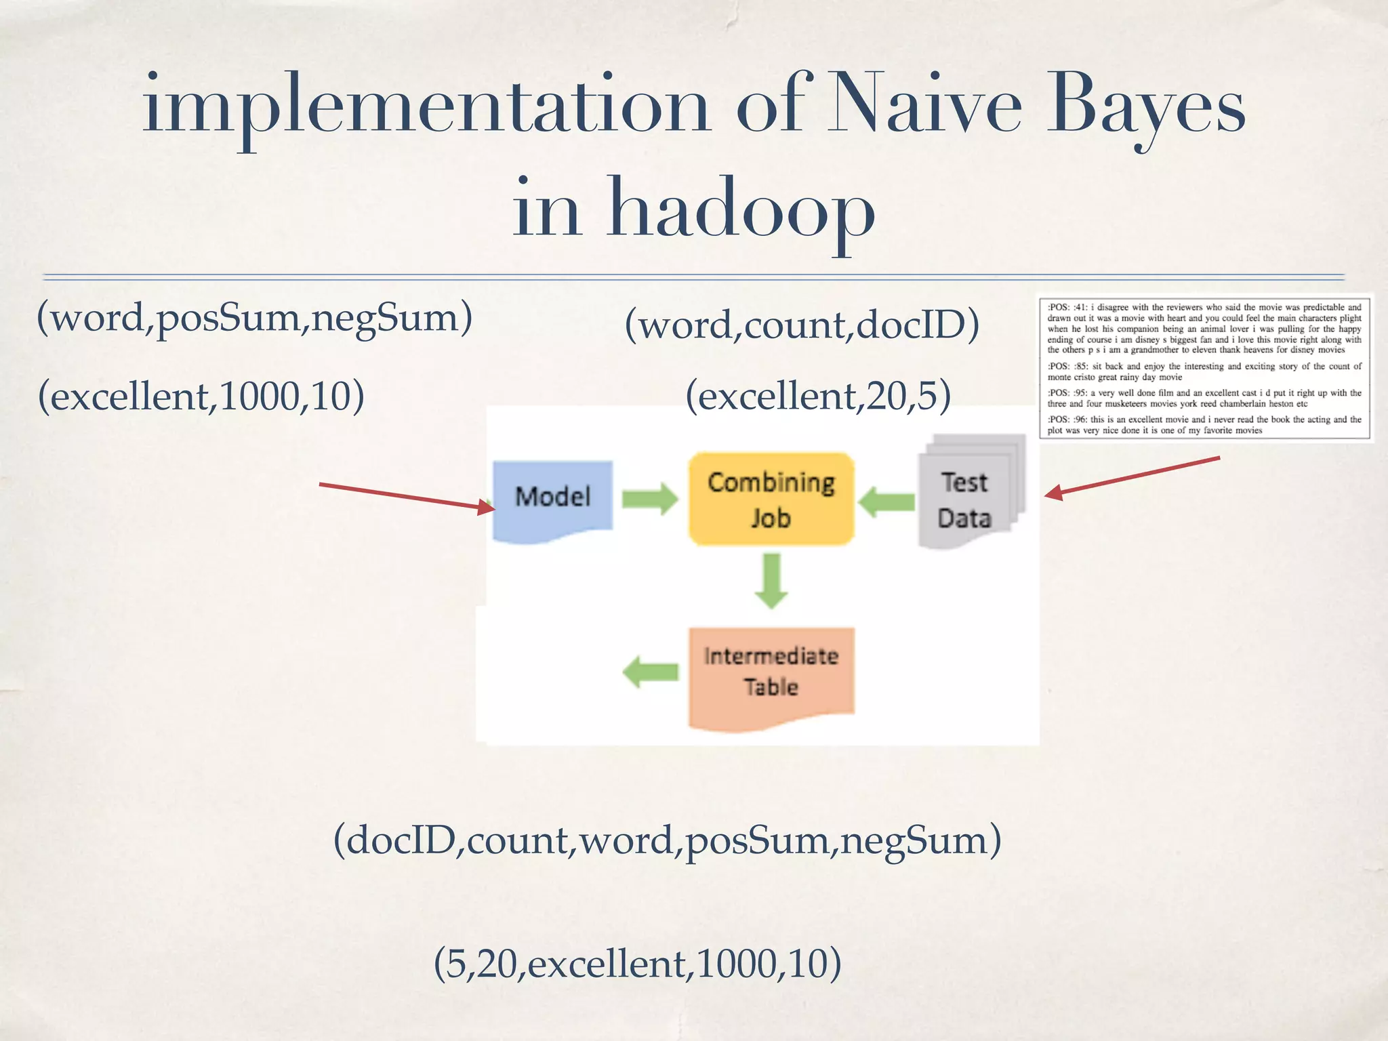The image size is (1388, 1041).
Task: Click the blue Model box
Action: (x=552, y=498)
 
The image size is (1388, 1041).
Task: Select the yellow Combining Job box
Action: (x=771, y=499)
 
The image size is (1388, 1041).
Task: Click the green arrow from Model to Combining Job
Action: (x=649, y=499)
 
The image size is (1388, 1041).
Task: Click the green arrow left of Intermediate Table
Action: (x=650, y=672)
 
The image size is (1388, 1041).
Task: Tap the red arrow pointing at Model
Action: (x=407, y=497)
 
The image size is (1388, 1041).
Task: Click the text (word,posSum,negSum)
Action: (x=254, y=317)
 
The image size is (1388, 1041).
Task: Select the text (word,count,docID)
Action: (x=802, y=324)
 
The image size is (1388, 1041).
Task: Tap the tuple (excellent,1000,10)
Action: (x=201, y=396)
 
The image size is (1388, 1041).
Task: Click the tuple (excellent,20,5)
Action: (x=818, y=396)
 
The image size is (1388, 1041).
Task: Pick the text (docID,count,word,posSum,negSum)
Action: (x=668, y=840)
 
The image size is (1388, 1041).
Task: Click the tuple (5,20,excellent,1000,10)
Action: (x=637, y=963)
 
